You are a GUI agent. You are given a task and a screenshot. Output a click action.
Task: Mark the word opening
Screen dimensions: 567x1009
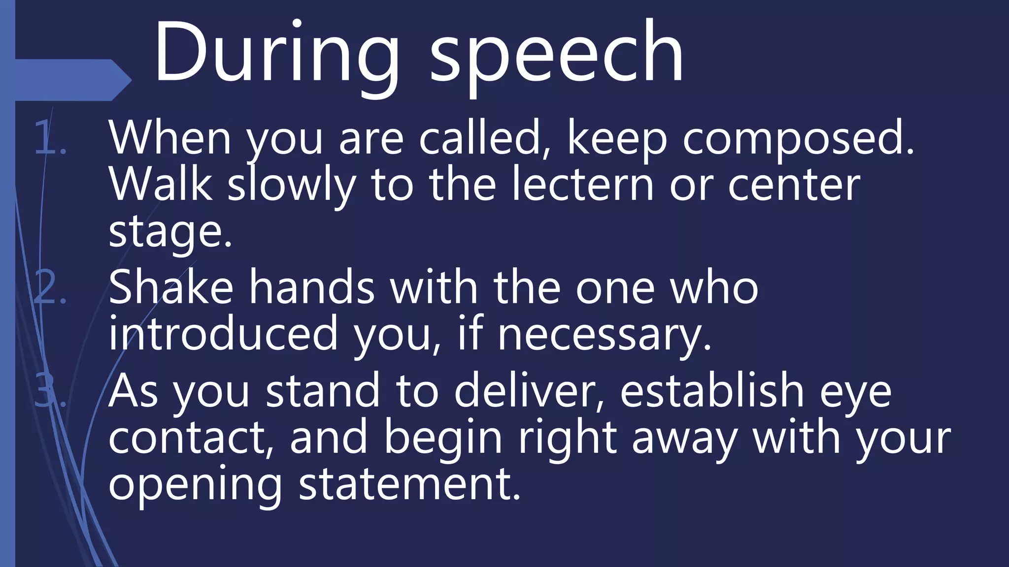(x=195, y=485)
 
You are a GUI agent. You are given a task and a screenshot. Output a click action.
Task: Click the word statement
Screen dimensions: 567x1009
(x=409, y=485)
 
